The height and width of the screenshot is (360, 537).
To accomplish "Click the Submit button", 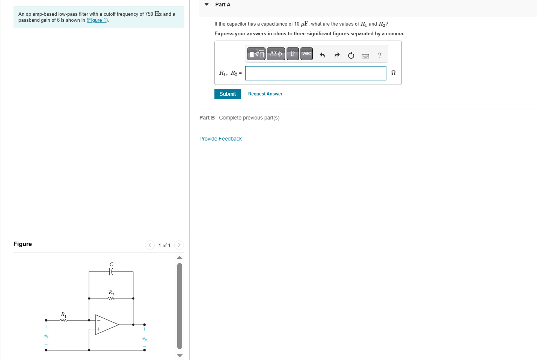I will click(227, 94).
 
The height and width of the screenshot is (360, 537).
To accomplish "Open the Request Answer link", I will click(265, 94).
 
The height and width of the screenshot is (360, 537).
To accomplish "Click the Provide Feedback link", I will click(220, 139).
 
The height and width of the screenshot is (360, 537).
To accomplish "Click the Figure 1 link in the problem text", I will click(97, 20).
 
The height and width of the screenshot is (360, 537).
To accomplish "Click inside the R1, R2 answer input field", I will click(315, 73).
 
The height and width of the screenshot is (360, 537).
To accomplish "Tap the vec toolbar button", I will click(306, 54).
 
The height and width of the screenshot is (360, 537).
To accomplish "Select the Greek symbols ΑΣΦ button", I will click(276, 54).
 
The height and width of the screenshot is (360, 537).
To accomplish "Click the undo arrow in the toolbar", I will click(322, 56).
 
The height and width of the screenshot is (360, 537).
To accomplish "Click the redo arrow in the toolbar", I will click(337, 56).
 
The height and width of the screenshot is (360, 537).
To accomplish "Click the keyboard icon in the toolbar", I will click(365, 56).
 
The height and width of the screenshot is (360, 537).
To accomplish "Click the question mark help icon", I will click(380, 56).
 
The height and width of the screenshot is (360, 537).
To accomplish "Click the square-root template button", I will click(256, 54).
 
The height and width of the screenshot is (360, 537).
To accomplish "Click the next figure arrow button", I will click(179, 245).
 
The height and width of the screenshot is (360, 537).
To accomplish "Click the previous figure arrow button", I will click(150, 245).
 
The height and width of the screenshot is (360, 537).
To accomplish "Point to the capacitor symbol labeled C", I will click(111, 272).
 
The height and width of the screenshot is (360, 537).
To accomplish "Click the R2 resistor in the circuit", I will click(111, 298).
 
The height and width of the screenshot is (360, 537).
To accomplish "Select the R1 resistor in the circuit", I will click(64, 320).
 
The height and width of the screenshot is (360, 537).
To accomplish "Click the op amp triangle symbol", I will click(106, 325).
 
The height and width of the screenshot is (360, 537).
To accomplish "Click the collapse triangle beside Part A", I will click(207, 5).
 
